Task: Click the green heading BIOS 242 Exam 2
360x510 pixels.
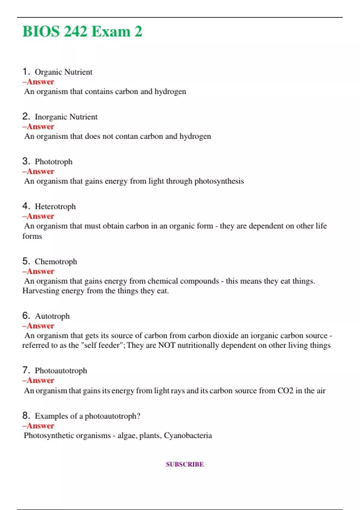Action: pyautogui.click(x=82, y=31)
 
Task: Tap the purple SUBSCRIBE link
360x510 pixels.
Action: pyautogui.click(x=185, y=464)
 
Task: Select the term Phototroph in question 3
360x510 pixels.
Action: pyautogui.click(x=53, y=162)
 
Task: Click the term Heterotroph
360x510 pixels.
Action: pyautogui.click(x=55, y=206)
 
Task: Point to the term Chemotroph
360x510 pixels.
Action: pyautogui.click(x=56, y=262)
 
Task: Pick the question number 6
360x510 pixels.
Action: pyautogui.click(x=26, y=316)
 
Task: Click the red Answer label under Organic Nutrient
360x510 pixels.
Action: pyautogui.click(x=38, y=82)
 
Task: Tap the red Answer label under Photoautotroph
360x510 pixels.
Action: pyautogui.click(x=38, y=380)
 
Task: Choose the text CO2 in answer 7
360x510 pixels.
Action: pyautogui.click(x=285, y=391)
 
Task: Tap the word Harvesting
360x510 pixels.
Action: pyautogui.click(x=41, y=291)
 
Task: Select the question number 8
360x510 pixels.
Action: pyautogui.click(x=26, y=415)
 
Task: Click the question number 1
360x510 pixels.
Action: pyautogui.click(x=26, y=71)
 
